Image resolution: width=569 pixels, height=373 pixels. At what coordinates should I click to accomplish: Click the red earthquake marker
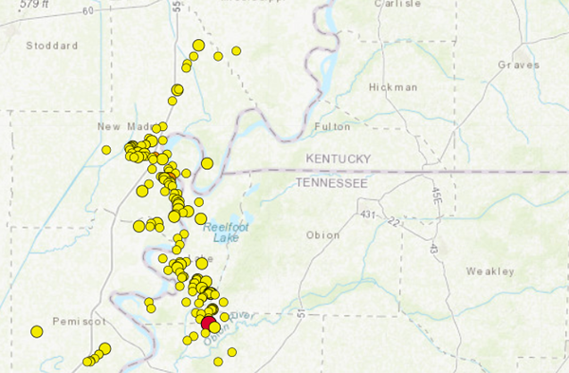(x=208, y=323)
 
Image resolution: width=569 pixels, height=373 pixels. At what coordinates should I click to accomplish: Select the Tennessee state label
(x=331, y=182)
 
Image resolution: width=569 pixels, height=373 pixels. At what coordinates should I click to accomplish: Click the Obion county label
(x=322, y=235)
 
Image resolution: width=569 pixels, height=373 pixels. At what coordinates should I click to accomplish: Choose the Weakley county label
(x=489, y=271)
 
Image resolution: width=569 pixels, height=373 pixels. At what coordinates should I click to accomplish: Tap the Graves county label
(x=518, y=65)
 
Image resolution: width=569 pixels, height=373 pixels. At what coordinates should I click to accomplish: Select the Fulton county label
(x=332, y=125)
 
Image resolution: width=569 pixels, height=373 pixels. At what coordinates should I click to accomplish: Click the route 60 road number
(x=88, y=10)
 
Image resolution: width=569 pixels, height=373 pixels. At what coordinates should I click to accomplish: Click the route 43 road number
(x=433, y=247)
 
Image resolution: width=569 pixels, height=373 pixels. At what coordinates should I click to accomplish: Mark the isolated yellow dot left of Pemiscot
(x=37, y=331)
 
